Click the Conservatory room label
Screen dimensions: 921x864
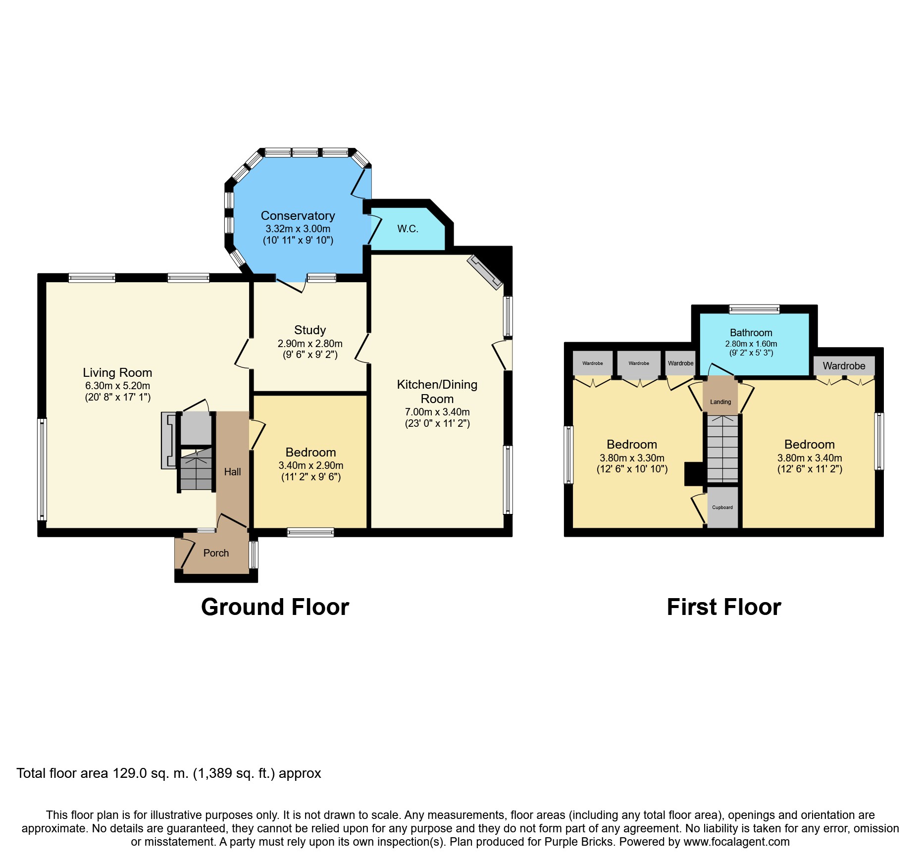[298, 216]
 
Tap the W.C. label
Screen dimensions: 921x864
[408, 229]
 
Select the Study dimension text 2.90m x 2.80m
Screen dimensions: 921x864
[310, 344]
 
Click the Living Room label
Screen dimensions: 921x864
[117, 372]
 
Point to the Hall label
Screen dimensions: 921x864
[232, 472]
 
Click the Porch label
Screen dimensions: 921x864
[216, 553]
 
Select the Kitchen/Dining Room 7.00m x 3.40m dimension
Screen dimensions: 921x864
[437, 412]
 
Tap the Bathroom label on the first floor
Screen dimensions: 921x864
[751, 333]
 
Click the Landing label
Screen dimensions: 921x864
[720, 402]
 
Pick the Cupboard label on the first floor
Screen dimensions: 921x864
[722, 508]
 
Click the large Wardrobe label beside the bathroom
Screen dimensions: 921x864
[844, 366]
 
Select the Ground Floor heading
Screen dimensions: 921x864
[275, 607]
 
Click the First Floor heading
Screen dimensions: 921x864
[724, 607]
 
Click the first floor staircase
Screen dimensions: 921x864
[722, 449]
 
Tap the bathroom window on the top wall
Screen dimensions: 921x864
[754, 309]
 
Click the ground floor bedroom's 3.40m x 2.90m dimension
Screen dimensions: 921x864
[311, 465]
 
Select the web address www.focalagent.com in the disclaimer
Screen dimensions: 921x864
[737, 842]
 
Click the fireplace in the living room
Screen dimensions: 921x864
[169, 440]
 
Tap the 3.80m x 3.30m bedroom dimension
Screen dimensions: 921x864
[632, 458]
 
